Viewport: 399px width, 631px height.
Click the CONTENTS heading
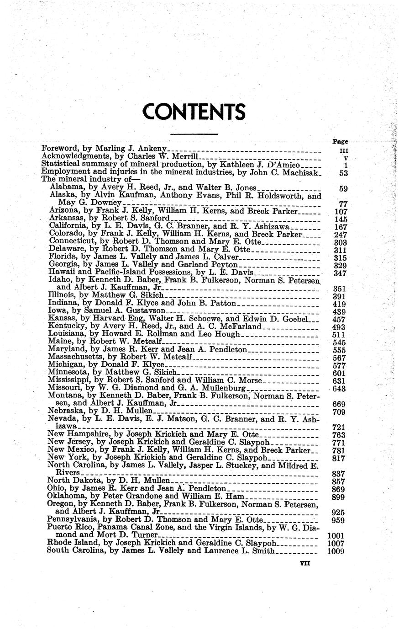(194, 112)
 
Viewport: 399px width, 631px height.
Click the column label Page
(340, 142)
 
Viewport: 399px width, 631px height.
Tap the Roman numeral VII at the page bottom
(305, 564)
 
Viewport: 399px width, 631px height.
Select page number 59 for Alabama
(345, 188)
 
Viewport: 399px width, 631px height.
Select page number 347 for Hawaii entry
(341, 273)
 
